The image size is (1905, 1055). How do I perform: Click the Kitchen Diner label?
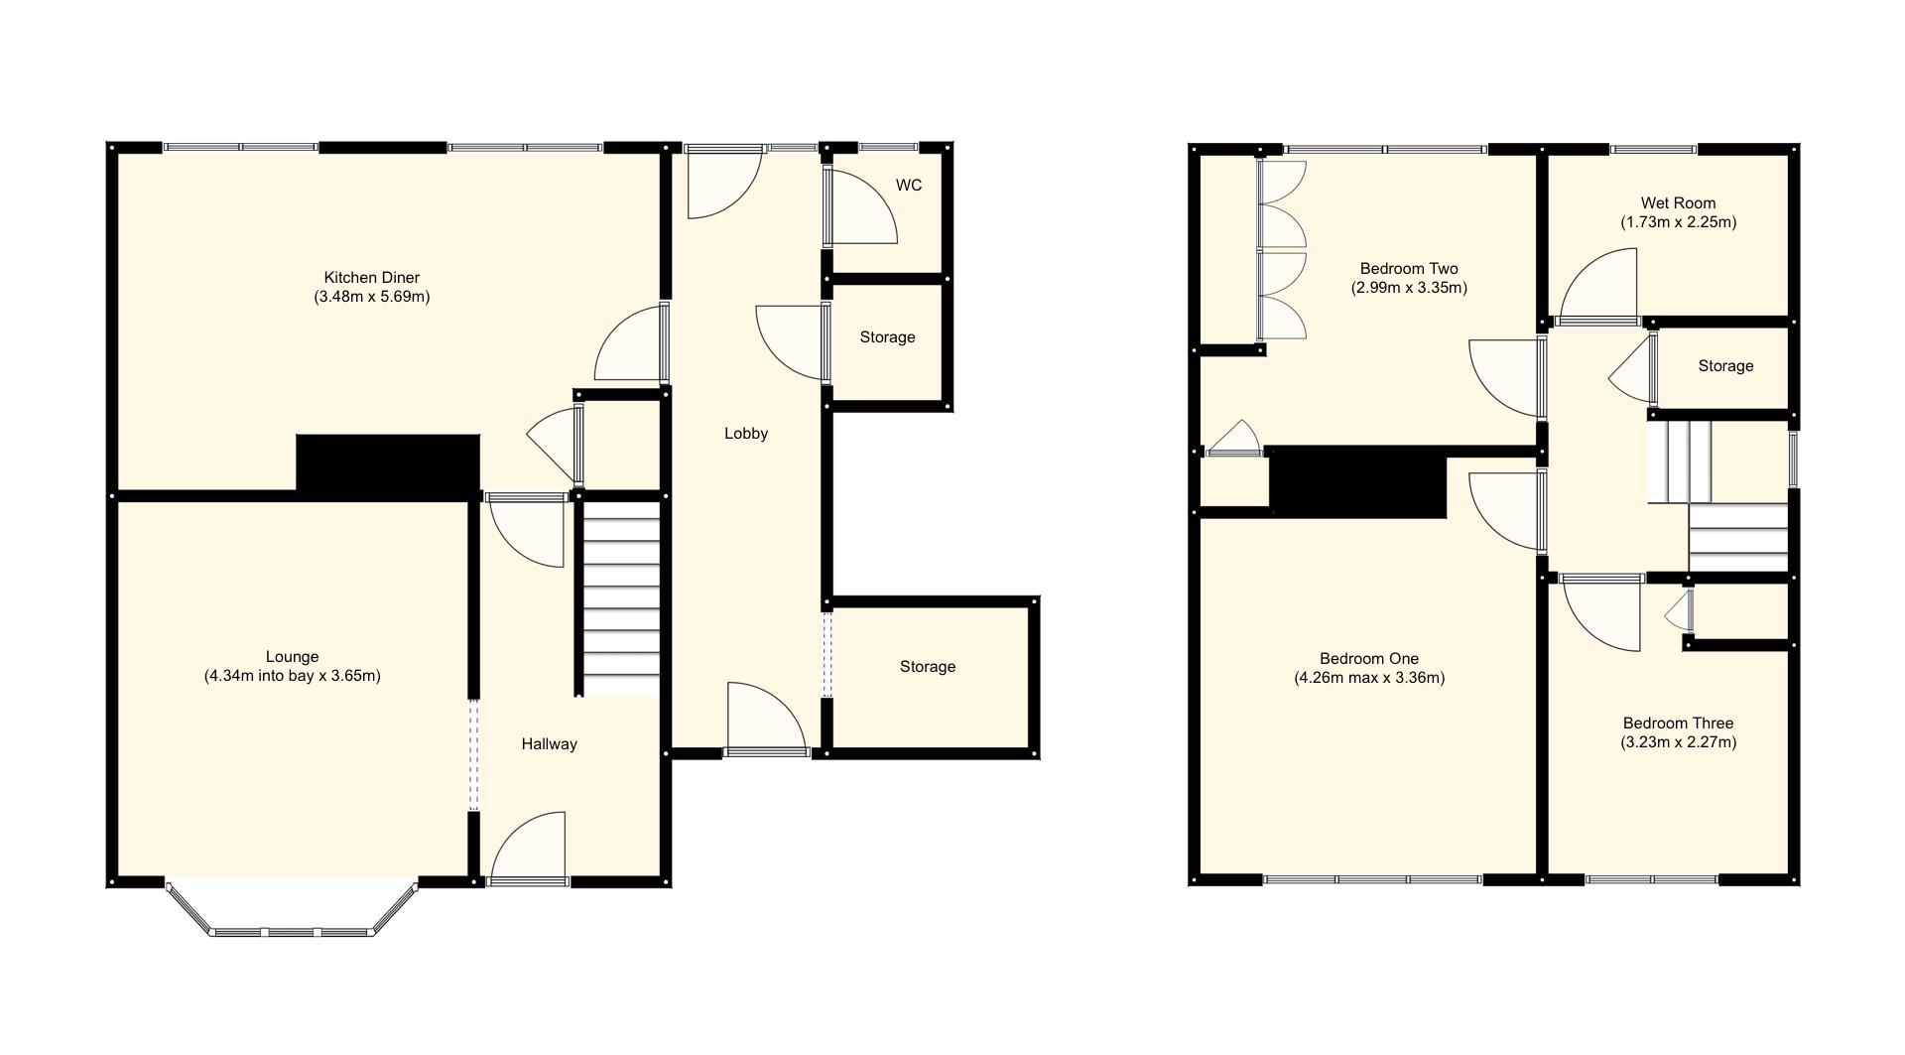click(371, 278)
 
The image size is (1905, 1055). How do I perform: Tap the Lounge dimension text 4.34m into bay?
click(292, 676)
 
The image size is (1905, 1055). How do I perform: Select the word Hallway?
click(549, 744)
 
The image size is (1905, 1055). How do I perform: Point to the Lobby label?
click(745, 434)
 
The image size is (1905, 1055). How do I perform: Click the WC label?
click(908, 186)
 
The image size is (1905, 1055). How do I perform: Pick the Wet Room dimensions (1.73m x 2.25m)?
click(1678, 222)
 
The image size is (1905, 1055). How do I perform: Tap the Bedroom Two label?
click(1408, 269)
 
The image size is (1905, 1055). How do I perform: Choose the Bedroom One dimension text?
click(1368, 679)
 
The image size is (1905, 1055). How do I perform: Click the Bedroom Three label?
click(1678, 724)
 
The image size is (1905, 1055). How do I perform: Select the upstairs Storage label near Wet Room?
click(1725, 366)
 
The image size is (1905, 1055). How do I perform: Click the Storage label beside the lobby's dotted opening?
click(927, 667)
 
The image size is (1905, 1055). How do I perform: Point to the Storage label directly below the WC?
click(887, 337)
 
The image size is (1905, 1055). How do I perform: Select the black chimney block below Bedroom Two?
click(1357, 481)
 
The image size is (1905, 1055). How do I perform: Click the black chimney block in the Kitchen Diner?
click(388, 464)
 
